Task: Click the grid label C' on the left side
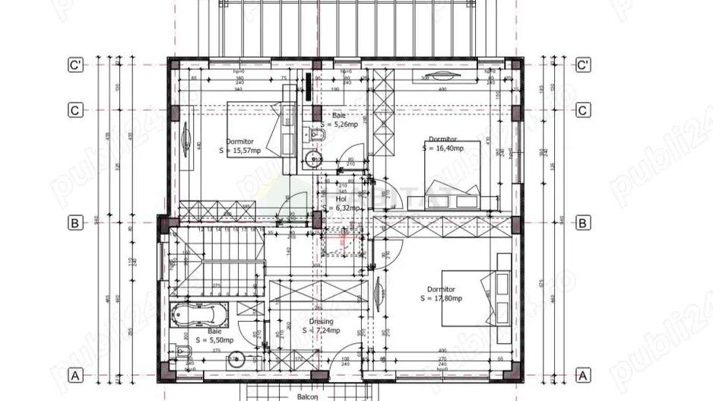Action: pos(75,65)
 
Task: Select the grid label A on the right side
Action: pos(583,375)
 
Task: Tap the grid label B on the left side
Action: pos(75,223)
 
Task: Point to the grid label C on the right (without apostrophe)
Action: pos(583,110)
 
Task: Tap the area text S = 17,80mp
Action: pos(442,298)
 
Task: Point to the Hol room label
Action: pos(341,198)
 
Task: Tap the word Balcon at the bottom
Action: pos(309,396)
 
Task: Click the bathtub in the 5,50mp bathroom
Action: pos(198,314)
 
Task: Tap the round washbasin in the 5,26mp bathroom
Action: pos(313,159)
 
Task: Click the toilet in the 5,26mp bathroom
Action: pos(318,135)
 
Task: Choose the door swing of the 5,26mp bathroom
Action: pos(353,152)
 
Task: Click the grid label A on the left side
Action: pos(75,375)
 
